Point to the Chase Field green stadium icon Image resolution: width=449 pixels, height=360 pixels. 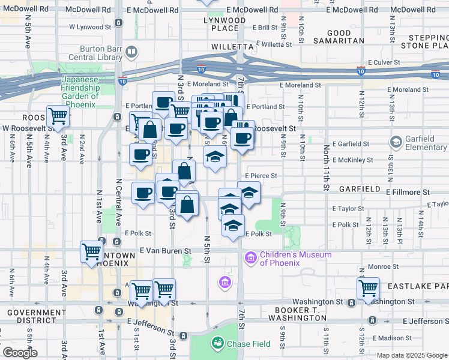[x=217, y=343]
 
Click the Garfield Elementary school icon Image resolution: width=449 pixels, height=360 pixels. [x=396, y=142]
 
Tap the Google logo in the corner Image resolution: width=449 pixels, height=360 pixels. [x=20, y=353]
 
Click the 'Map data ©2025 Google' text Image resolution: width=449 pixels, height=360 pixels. [x=411, y=355]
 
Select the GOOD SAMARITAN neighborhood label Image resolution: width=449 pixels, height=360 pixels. [x=346, y=37]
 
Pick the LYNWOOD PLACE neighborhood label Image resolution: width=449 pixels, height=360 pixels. [x=224, y=25]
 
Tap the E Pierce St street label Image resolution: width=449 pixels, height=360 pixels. [x=259, y=176]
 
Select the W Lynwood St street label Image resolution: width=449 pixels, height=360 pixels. [x=90, y=27]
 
